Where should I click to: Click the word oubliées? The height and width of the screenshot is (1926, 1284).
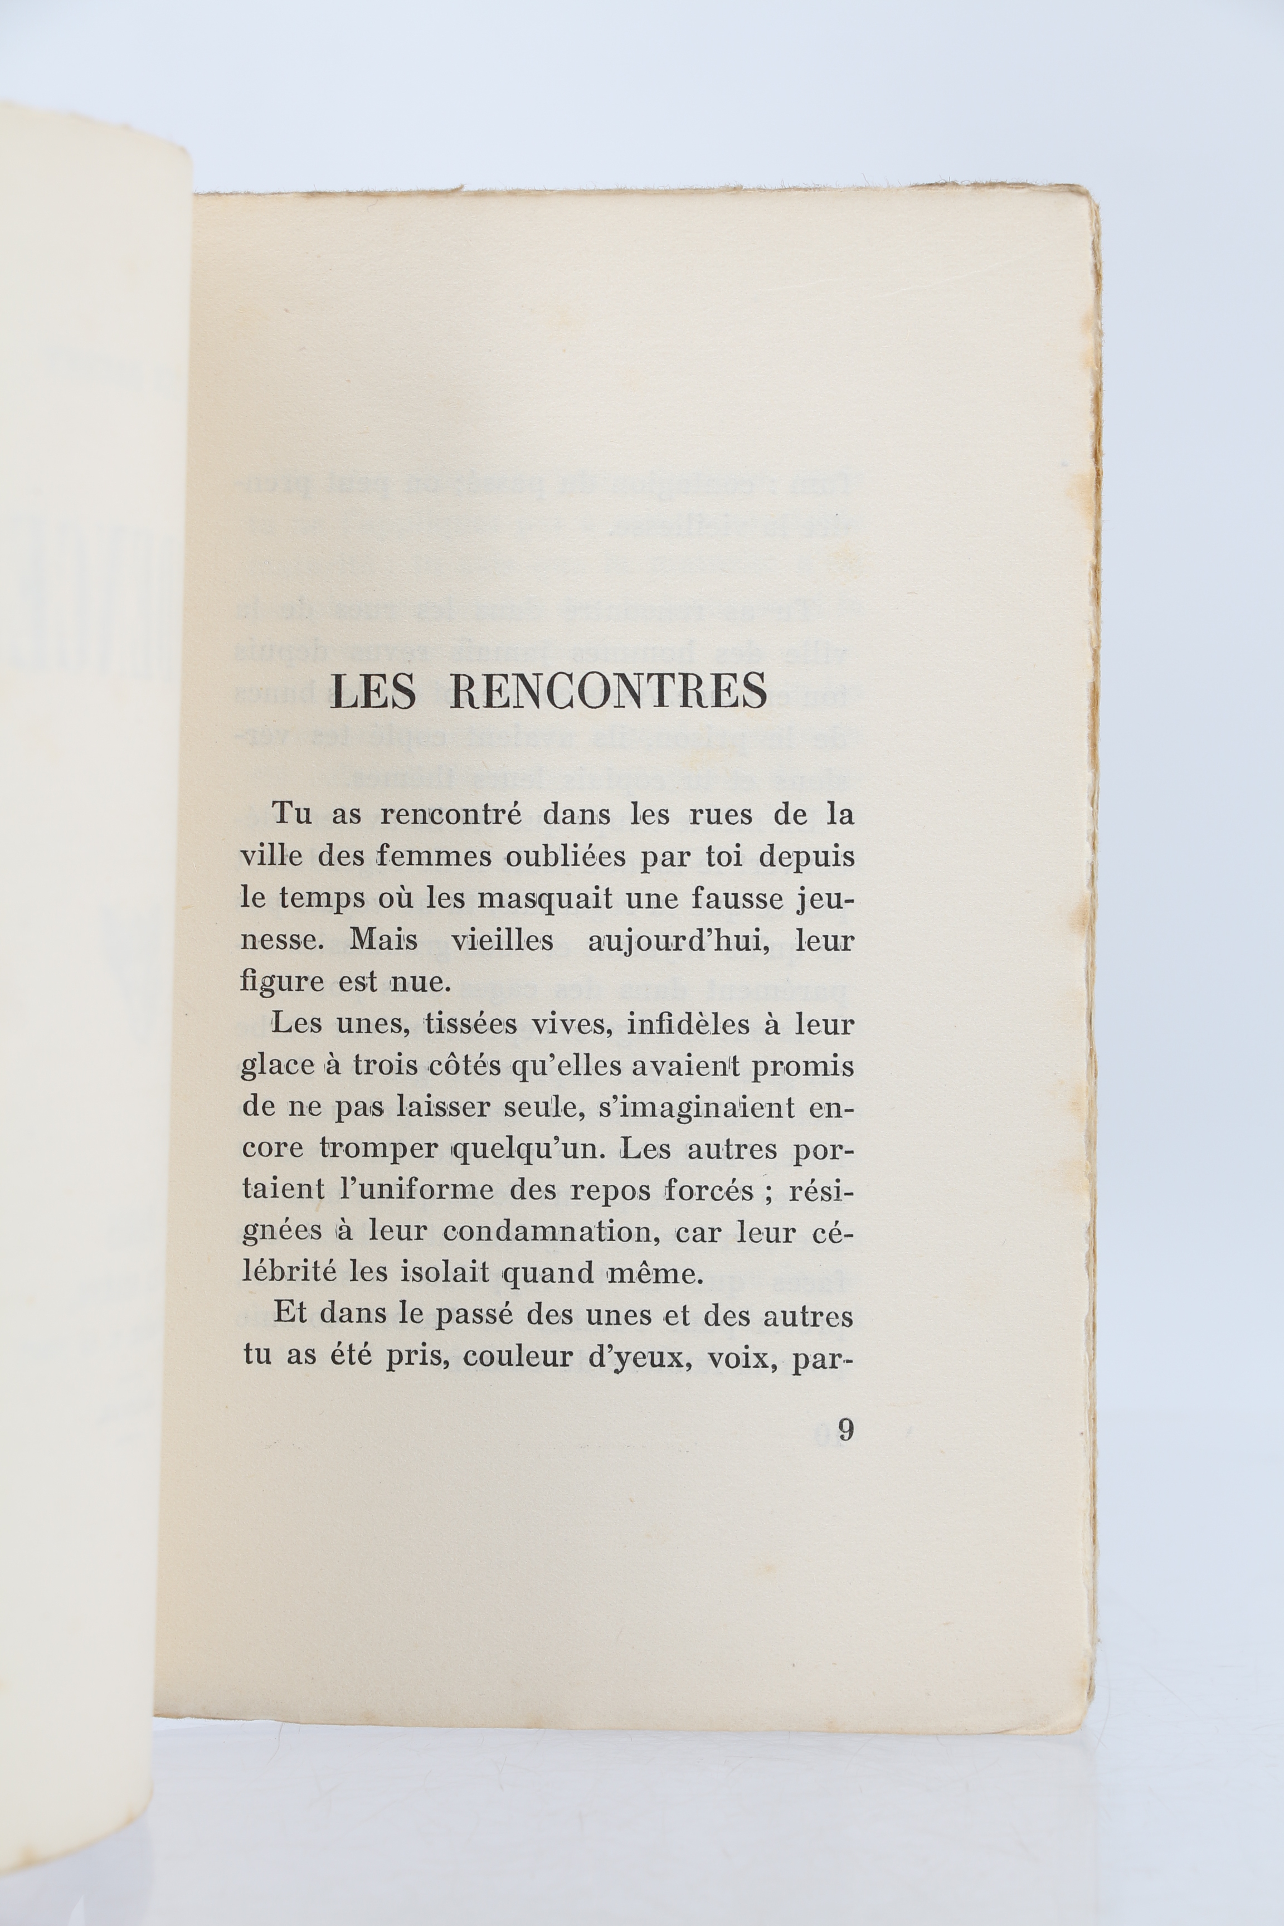(x=568, y=857)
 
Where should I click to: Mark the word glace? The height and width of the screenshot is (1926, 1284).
(x=279, y=1066)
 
